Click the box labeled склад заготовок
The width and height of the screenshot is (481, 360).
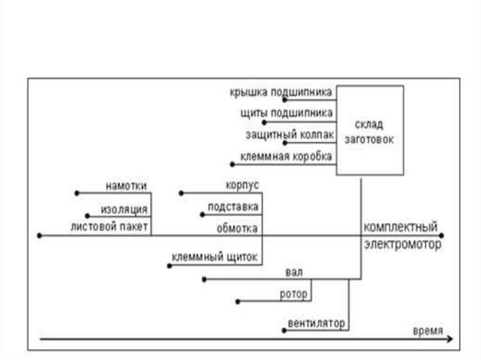point(369,130)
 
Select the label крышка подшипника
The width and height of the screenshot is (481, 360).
point(281,92)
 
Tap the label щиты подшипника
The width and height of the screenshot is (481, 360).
point(286,113)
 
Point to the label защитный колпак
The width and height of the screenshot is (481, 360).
point(289,135)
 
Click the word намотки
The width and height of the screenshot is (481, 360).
point(125,185)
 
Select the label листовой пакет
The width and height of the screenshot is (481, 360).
point(109,228)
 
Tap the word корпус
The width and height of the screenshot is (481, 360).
point(242,185)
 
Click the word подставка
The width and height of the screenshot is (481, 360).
point(233,207)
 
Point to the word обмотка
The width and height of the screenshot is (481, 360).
point(237,229)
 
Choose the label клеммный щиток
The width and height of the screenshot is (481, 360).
point(214,257)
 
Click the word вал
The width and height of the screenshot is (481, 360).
point(294,272)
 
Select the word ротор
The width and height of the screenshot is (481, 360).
point(294,294)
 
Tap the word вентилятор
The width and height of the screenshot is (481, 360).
point(316,323)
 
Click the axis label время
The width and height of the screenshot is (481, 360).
point(427,331)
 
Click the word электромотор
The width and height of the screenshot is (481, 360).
point(403,245)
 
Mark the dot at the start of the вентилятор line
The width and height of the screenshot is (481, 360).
point(284,330)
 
